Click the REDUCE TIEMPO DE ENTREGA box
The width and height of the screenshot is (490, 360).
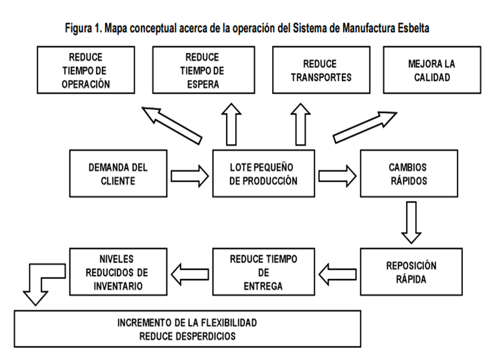coord(263,272)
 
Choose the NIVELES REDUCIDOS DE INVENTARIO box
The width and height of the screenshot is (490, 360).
coord(118,272)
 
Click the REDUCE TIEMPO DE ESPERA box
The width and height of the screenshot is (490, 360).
coord(202,70)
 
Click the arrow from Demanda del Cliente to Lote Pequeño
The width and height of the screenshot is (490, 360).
coord(190,176)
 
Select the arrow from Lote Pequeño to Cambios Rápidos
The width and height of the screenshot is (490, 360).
coord(337,176)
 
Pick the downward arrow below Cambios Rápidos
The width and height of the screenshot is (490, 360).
coord(411,222)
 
